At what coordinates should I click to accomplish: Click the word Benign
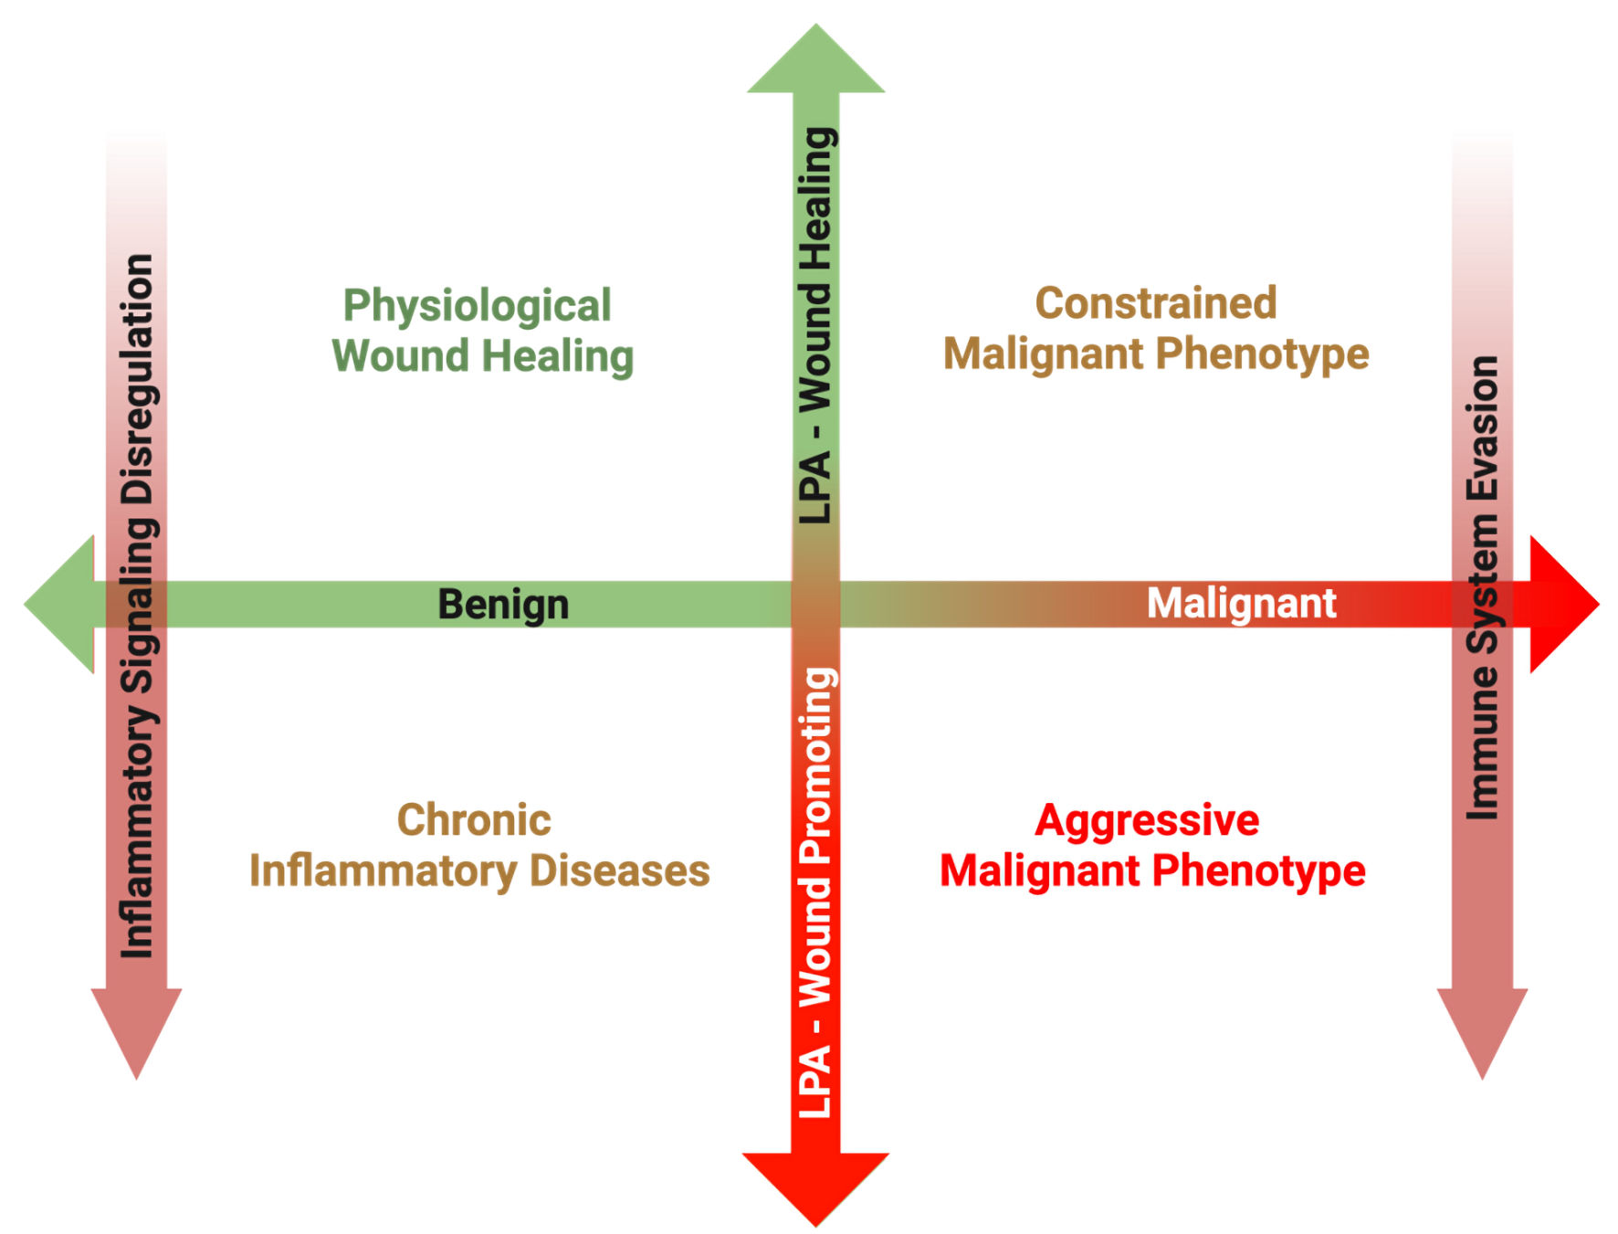503,605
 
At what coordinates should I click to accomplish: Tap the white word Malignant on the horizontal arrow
1241,604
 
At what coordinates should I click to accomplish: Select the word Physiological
477,306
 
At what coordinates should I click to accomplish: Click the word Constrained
1155,303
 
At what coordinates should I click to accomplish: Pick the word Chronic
474,820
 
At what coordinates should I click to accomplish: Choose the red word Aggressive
1147,820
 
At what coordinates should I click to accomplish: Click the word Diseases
620,870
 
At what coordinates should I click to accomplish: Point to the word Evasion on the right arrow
1483,428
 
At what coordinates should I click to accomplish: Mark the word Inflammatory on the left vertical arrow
138,831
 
